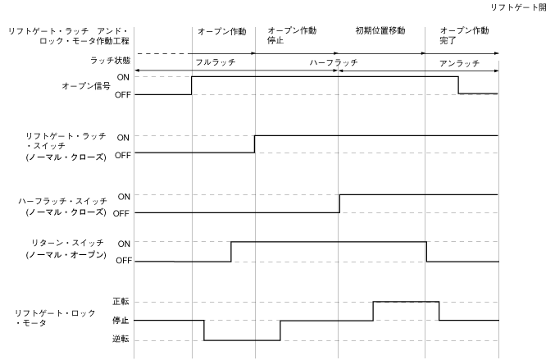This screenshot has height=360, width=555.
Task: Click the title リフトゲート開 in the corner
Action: tap(518, 7)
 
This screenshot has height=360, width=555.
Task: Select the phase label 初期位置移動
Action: tap(380, 31)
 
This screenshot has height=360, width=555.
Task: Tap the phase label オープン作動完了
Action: tap(458, 36)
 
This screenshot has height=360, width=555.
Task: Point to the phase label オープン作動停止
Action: tap(292, 36)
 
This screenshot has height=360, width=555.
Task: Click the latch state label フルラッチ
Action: tap(211, 62)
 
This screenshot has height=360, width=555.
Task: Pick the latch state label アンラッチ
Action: tap(454, 62)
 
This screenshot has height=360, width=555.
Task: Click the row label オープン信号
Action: tap(86, 85)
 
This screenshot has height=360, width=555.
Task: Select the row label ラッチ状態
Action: tap(108, 62)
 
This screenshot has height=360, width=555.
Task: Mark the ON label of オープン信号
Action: tap(121, 76)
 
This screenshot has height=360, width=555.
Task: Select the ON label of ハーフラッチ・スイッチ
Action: tap(123, 197)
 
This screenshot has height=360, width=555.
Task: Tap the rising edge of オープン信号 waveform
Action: tap(192, 85)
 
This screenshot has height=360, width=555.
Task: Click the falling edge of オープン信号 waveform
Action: tap(457, 85)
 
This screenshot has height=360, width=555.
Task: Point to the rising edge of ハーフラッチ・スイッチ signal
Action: tap(339, 204)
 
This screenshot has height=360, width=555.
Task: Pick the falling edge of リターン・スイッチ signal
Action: tap(426, 252)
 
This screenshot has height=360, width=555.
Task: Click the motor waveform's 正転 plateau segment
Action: tap(406, 302)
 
